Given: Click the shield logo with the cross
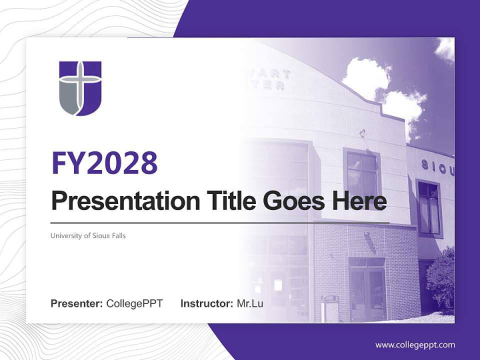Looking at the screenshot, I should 80,88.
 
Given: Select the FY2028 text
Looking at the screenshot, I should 104,162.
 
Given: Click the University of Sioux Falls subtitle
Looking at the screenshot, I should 88,235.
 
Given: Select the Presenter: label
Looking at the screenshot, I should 77,303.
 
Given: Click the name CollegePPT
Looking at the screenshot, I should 134,303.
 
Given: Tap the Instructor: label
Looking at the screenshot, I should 206,303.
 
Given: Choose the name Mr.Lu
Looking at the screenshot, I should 250,303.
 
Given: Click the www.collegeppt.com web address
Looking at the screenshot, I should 415,345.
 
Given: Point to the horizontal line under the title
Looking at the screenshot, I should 220,222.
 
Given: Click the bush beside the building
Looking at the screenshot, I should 441,282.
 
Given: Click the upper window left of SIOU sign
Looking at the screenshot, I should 362,172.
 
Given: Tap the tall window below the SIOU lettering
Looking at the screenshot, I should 429,207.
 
